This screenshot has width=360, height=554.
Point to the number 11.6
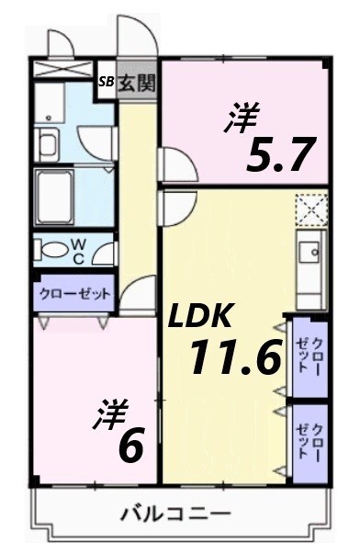click(x=234, y=356)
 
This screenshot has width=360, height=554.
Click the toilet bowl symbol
click(x=57, y=250)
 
